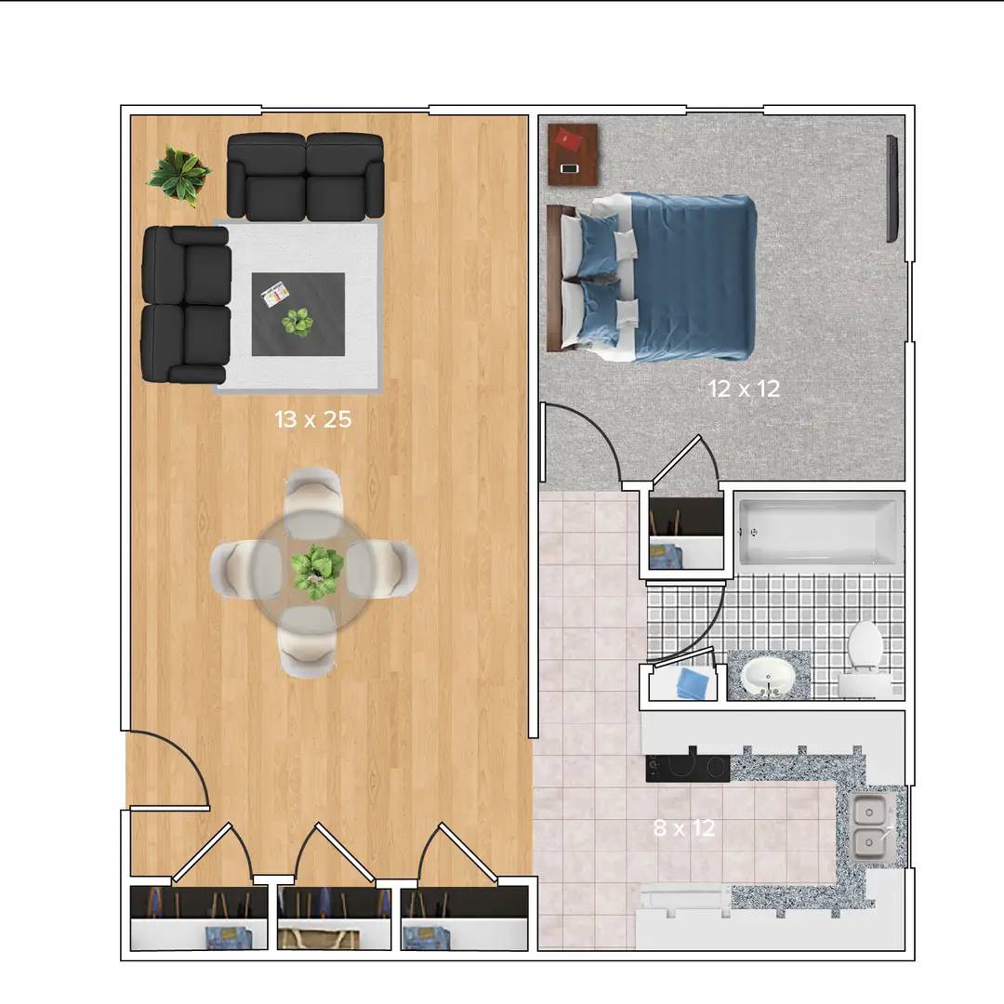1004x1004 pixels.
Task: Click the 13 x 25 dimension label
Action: [313, 419]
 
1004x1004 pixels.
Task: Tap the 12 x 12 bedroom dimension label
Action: [744, 389]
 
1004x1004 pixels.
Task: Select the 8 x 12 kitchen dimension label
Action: [684, 828]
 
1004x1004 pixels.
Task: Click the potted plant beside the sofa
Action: [178, 175]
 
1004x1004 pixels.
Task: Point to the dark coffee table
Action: [298, 314]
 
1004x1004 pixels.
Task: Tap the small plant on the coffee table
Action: [297, 322]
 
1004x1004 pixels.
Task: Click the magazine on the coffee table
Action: [275, 293]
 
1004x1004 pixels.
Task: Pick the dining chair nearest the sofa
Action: [311, 503]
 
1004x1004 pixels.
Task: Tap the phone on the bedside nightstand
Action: [569, 168]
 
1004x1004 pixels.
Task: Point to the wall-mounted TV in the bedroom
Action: [892, 188]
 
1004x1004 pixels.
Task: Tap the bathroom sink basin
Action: [769, 676]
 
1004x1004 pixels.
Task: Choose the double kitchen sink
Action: [870, 826]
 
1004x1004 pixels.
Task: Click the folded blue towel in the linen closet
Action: [694, 683]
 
